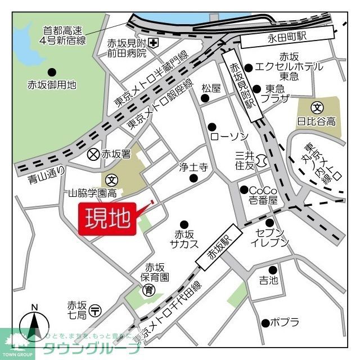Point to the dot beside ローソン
[x=212, y=127]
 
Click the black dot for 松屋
[x=204, y=98]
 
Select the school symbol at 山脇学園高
[x=112, y=181]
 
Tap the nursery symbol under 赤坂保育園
[x=149, y=290]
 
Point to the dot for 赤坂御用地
[x=52, y=71]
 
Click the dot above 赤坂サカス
[x=183, y=224]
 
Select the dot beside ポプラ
[x=264, y=323]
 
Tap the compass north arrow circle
[x=35, y=326]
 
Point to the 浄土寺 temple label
[x=193, y=167]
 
